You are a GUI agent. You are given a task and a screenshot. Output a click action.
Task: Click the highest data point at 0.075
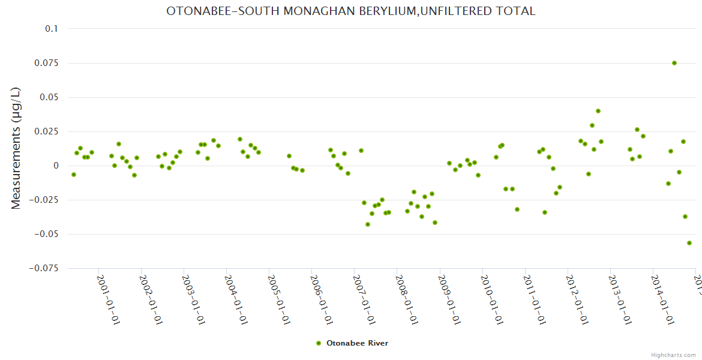(674, 63)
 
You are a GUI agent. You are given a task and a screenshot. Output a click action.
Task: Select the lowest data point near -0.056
(689, 243)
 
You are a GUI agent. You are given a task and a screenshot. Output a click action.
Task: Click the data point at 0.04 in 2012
(598, 111)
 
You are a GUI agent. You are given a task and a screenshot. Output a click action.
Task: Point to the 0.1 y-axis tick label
(52, 29)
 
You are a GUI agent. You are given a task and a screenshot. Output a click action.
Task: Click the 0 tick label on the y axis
(56, 166)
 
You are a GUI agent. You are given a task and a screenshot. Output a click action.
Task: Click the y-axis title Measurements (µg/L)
(16, 148)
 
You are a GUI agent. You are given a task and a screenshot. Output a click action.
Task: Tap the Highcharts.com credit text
(673, 355)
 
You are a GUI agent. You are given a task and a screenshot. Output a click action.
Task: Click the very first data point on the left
(74, 175)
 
